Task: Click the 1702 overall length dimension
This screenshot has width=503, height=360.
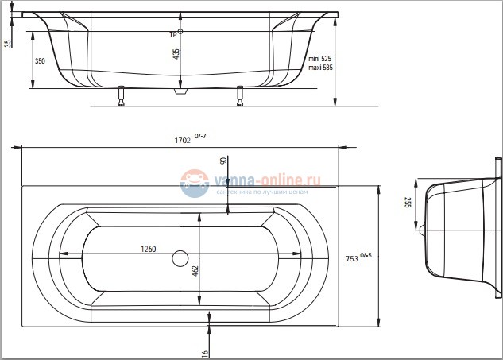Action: point(182,140)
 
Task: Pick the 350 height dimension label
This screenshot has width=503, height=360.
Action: point(39,61)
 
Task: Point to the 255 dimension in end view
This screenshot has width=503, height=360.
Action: point(408,203)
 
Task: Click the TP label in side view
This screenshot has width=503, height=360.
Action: point(172,34)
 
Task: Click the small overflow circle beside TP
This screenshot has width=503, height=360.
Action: point(181,32)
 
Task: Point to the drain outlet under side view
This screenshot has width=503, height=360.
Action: point(181,91)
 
